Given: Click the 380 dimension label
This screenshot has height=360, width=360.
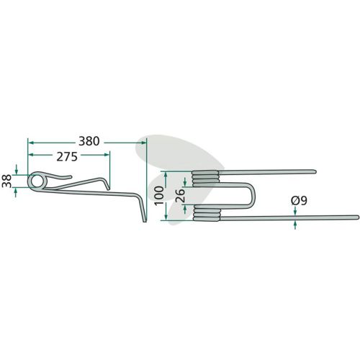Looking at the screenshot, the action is pos(89,141).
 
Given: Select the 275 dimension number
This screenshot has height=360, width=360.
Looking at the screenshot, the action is pos(67,157).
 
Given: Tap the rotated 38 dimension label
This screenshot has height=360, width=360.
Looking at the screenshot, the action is pos(7,181).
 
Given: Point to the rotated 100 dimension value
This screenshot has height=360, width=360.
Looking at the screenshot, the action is pos(160,195).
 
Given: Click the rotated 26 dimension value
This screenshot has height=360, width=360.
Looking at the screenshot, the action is pos(180,196).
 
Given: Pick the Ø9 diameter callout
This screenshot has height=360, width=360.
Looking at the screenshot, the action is pos(299,201).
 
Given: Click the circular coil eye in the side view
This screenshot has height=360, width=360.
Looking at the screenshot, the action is pos(37,181).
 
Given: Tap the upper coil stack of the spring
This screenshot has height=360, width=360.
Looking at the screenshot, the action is pos(205,179).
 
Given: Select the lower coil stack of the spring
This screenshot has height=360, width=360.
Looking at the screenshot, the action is pos(207,212).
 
